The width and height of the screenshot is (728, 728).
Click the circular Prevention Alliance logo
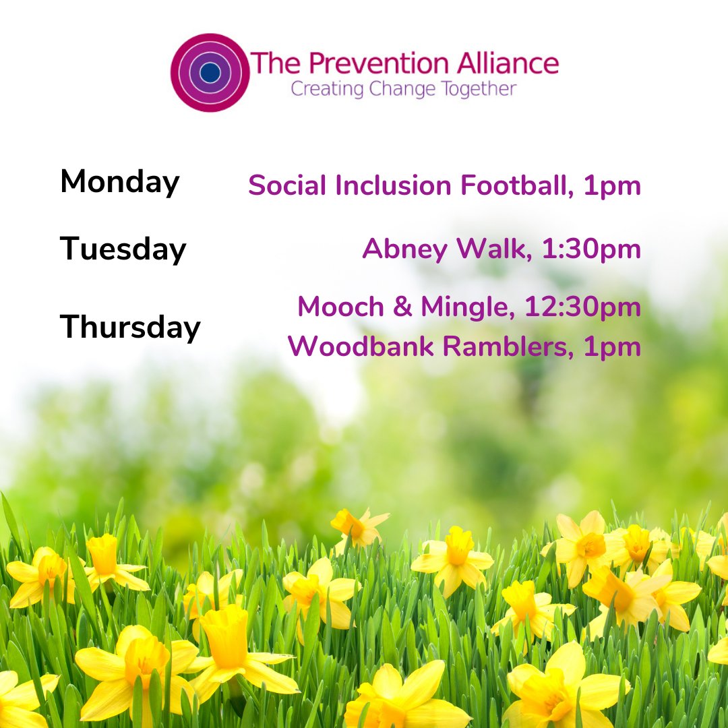(210, 72)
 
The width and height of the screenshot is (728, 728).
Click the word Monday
(120, 182)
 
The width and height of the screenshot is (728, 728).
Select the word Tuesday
(123, 249)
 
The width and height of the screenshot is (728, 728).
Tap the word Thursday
(130, 328)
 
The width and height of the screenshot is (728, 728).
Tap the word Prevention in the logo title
(372, 63)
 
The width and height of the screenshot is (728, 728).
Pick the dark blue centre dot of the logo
(210, 72)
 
